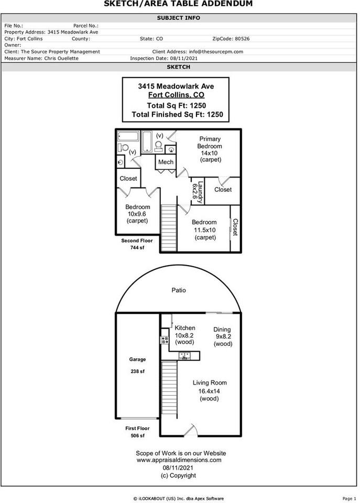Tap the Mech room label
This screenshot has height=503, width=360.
pyautogui.click(x=166, y=162)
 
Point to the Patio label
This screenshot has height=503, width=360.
pyautogui.click(x=178, y=290)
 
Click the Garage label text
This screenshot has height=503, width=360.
pyautogui.click(x=137, y=359)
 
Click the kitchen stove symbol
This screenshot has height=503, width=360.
pyautogui.click(x=165, y=340)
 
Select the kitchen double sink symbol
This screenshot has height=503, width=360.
pyautogui.click(x=185, y=355)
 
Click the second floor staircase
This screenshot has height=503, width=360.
pyautogui.click(x=169, y=228)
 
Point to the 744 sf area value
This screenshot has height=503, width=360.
pyautogui.click(x=137, y=247)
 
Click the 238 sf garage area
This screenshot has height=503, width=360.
pyautogui.click(x=137, y=371)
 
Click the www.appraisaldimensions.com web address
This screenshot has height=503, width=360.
pyautogui.click(x=179, y=460)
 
